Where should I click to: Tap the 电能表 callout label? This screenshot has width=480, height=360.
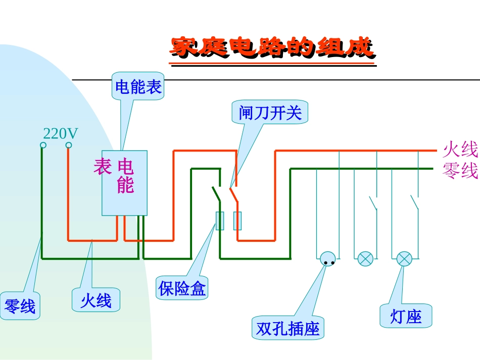point(138,87)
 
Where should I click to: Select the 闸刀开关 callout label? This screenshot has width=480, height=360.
point(270,113)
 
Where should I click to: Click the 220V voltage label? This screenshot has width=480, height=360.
point(61,134)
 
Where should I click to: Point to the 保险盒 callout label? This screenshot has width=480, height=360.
point(182,289)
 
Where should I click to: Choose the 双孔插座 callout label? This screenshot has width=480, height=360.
point(288,329)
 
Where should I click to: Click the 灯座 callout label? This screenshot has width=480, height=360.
point(406,317)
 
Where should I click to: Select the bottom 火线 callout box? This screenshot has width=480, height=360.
point(96,300)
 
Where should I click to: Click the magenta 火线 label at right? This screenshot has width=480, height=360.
point(460,150)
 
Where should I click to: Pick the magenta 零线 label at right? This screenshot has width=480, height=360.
point(460,171)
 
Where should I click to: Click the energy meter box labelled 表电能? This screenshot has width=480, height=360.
point(124,183)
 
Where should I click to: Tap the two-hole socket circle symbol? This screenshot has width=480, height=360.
point(328,259)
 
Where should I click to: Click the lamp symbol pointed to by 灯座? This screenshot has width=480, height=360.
point(404,259)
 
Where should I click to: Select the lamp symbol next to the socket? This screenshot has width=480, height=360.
point(365,259)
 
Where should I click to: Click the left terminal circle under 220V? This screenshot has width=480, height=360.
point(43,145)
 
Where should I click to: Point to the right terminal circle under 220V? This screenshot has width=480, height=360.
point(69,145)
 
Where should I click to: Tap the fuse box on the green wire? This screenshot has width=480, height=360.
point(220,221)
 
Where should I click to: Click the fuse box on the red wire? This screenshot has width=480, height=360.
point(237,221)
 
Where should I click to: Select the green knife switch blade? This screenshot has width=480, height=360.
point(216,193)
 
